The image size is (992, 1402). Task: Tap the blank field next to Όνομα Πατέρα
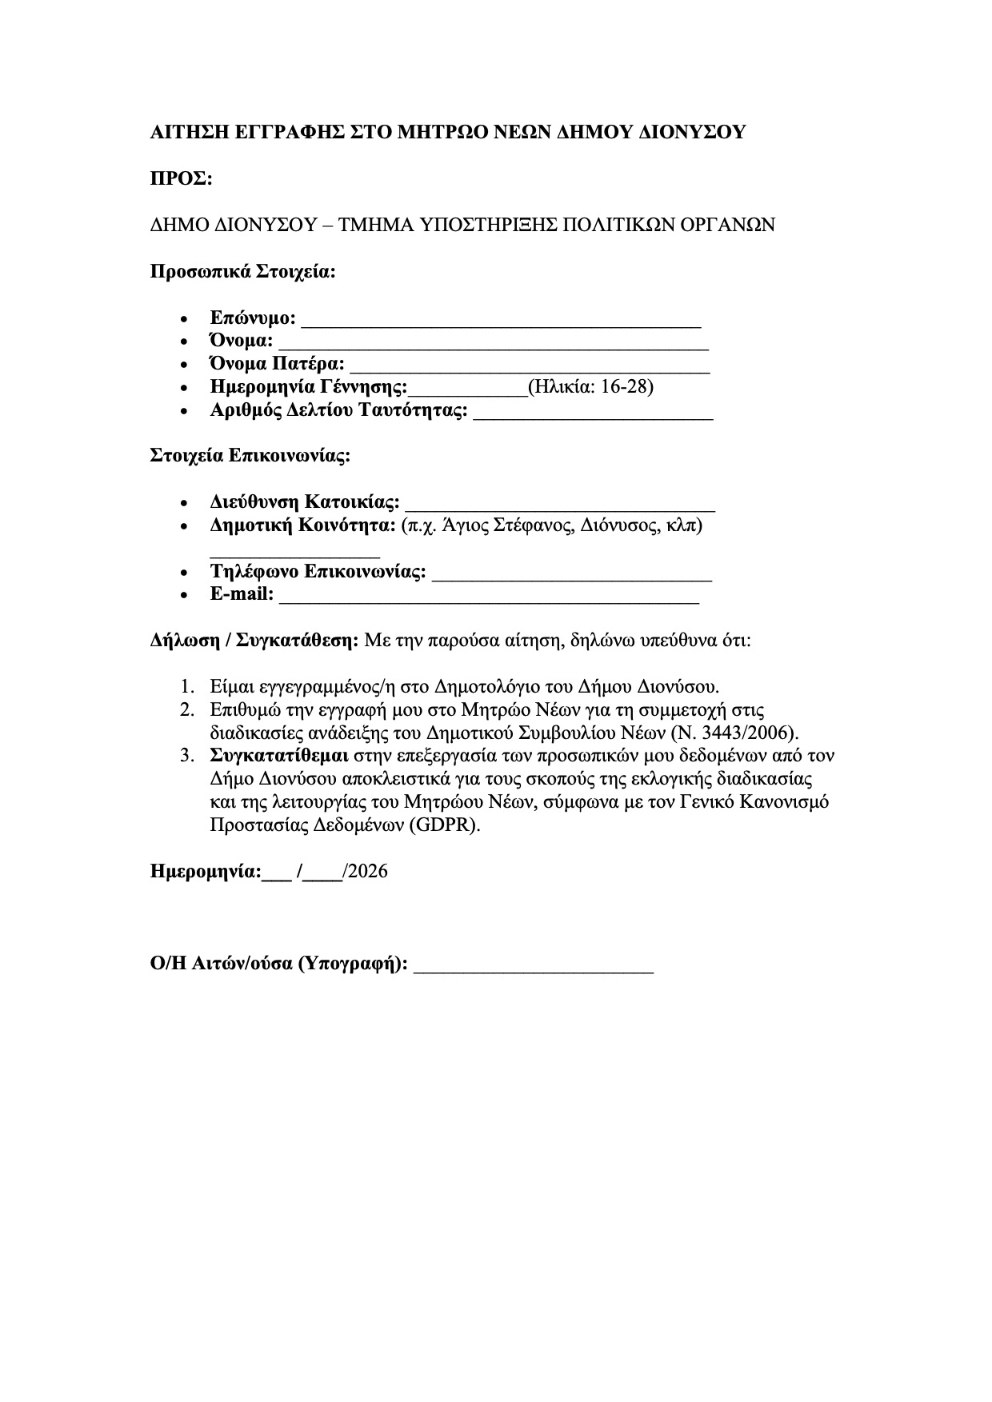point(530,367)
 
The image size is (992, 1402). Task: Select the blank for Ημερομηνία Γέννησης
point(468,390)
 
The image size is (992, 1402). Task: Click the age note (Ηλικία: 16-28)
point(591,387)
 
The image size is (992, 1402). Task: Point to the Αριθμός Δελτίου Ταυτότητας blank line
point(593,413)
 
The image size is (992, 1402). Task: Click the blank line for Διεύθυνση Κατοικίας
point(560,505)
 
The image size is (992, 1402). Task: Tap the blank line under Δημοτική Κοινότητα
point(294,552)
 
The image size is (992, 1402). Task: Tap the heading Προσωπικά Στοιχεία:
point(243,271)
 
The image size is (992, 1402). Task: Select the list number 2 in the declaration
point(186,709)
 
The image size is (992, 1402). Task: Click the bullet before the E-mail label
point(186,595)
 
